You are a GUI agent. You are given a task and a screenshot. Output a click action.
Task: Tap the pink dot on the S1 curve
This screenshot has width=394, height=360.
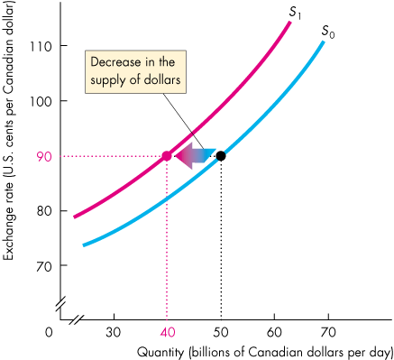167,155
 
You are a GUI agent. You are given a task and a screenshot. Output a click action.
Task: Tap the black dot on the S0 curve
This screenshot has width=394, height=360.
221,155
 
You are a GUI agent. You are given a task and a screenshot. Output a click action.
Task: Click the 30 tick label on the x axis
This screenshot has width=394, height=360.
114,331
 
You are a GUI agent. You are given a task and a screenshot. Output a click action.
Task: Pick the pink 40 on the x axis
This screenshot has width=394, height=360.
167,331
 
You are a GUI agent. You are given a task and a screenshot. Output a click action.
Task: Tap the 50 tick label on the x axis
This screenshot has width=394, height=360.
221,331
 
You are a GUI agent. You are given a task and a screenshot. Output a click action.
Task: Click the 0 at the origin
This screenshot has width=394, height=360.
52,331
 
